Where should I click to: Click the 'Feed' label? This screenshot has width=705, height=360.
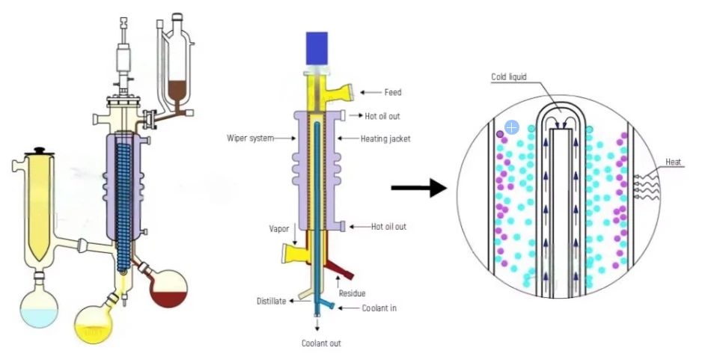coord(393,93)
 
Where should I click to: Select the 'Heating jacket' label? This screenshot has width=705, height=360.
coord(385,138)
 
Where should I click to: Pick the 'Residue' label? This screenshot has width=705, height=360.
coord(352,293)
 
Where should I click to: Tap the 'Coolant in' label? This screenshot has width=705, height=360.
coord(379,308)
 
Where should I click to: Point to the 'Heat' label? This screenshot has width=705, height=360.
coord(674,162)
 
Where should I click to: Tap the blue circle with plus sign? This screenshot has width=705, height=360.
coord(512,128)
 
